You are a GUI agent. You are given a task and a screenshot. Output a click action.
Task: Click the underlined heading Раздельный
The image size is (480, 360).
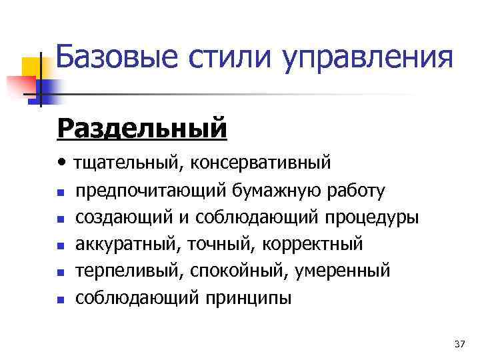[143, 128]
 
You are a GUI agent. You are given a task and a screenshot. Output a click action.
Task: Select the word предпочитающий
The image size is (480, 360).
[152, 191]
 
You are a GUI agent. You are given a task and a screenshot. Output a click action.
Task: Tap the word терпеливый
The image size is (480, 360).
[129, 271]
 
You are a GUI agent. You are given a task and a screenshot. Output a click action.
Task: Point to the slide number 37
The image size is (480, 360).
[459, 344]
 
